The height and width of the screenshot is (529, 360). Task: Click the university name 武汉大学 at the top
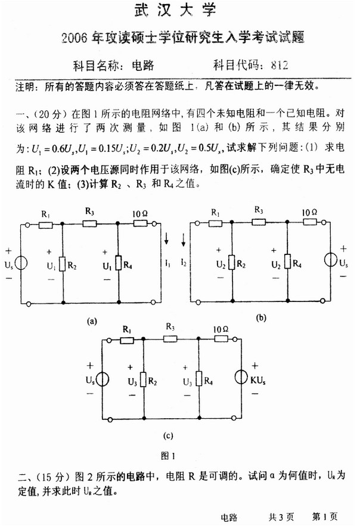pos(178,10)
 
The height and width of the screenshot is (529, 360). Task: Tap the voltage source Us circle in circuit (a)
pos(20,263)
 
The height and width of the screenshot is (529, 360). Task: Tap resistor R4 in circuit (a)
pos(119,262)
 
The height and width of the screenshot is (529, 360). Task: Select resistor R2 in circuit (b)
pos(231,260)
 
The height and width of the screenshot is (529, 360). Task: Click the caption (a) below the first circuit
pos(92,321)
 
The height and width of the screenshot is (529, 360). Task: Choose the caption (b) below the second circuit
pos(260,318)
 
